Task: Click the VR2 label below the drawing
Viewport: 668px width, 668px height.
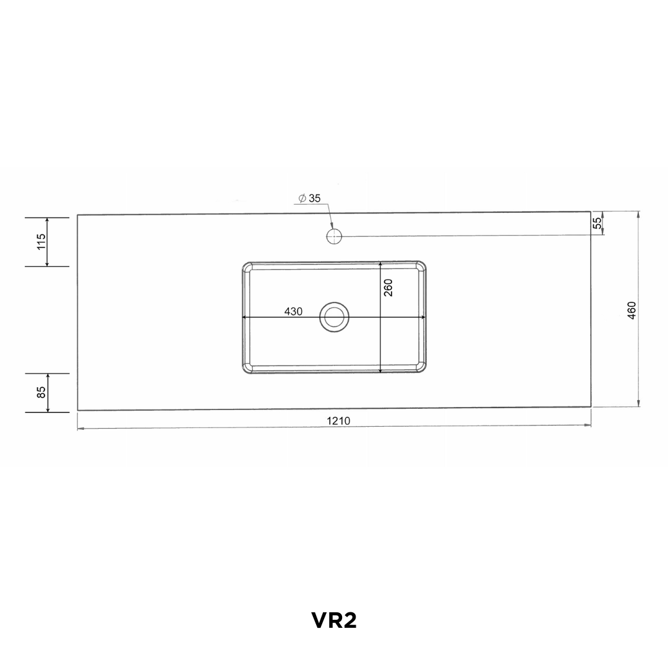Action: [334, 620]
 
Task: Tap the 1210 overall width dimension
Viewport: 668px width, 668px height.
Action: [338, 421]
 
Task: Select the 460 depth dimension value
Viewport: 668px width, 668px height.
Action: [632, 310]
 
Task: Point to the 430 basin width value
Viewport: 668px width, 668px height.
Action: [294, 311]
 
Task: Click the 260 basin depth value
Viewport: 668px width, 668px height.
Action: [388, 288]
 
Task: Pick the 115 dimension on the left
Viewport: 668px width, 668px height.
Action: [41, 242]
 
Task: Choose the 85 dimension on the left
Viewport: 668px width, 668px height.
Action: [41, 392]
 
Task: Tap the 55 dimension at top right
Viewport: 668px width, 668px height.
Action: [597, 223]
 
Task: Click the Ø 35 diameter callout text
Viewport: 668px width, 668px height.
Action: [309, 198]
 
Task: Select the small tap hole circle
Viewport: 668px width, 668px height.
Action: [335, 236]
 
